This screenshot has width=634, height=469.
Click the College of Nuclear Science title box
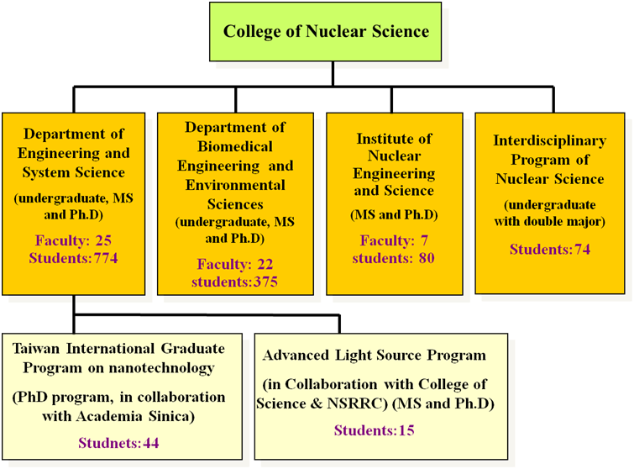tap(326, 32)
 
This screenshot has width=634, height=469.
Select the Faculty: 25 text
tap(73, 240)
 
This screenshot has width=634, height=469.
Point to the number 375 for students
tap(265, 282)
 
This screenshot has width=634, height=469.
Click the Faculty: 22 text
tap(235, 264)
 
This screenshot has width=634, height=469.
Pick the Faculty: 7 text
tap(394, 240)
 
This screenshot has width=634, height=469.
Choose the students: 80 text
tap(394, 258)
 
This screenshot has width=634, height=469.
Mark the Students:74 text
tap(550, 249)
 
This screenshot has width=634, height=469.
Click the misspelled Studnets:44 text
tap(118, 443)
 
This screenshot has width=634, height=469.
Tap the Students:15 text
tap(374, 429)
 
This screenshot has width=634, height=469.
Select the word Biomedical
tap(235, 146)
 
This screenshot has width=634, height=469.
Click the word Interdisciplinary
tap(550, 140)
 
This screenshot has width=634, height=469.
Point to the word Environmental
tap(235, 185)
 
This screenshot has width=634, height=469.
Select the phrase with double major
tap(548, 221)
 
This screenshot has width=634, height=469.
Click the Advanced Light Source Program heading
tap(374, 356)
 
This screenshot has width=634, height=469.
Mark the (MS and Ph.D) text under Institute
tap(394, 214)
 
